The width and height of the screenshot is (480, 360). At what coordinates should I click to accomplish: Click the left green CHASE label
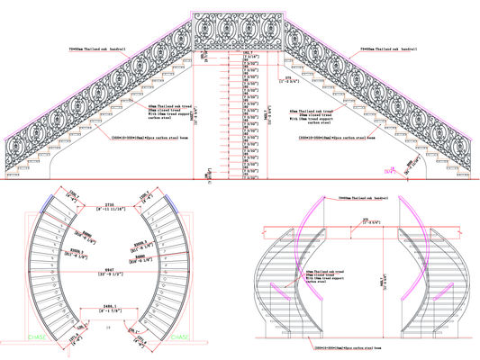(38, 338)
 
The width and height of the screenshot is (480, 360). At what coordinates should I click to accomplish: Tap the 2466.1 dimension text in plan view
(109, 309)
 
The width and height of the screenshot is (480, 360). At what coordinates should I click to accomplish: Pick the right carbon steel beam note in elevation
(334, 139)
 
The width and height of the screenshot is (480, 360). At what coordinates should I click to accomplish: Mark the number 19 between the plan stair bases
(109, 330)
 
